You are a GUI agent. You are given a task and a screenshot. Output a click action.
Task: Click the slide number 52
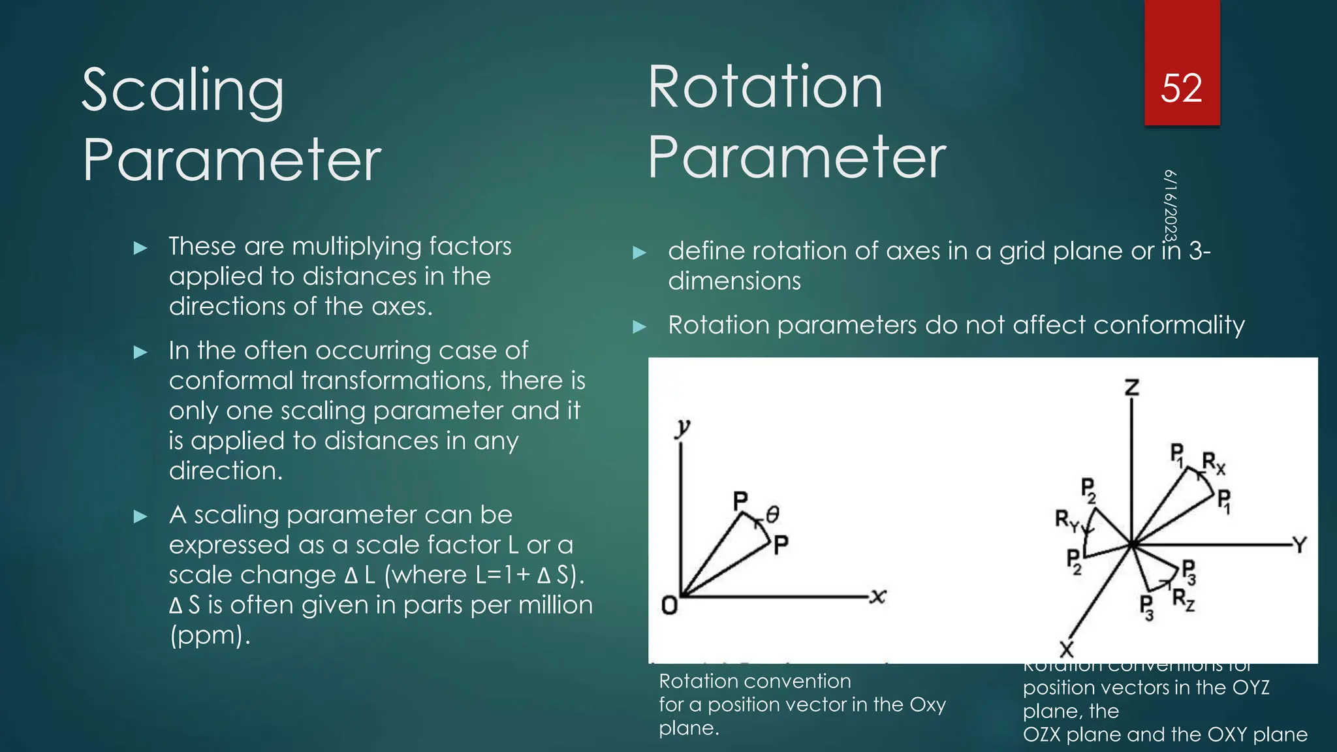(1181, 88)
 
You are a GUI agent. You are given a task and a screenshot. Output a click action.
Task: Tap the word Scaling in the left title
(183, 91)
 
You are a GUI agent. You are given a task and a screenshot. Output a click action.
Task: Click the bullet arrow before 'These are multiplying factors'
(140, 248)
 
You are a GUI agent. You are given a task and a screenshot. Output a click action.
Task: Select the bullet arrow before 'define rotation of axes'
(640, 253)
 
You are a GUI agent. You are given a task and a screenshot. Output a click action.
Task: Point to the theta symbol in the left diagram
(772, 514)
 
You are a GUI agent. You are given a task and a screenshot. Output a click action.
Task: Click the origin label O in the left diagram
(669, 606)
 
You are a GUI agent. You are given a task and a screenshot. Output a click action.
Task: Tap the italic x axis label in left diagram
(878, 595)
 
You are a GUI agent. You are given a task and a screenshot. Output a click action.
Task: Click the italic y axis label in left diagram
(682, 428)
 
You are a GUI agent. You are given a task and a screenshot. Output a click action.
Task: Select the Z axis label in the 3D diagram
(1131, 388)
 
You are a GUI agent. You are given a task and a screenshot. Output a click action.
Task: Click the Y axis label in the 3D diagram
(1299, 544)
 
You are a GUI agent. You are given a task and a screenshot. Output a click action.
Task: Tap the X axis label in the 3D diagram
(1066, 649)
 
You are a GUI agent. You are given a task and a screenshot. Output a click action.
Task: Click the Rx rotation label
(1214, 463)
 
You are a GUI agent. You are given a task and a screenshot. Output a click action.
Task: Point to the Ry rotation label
(1068, 520)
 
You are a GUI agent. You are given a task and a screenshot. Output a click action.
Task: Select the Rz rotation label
(1183, 599)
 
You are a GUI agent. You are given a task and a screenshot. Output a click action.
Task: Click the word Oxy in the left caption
(928, 705)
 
